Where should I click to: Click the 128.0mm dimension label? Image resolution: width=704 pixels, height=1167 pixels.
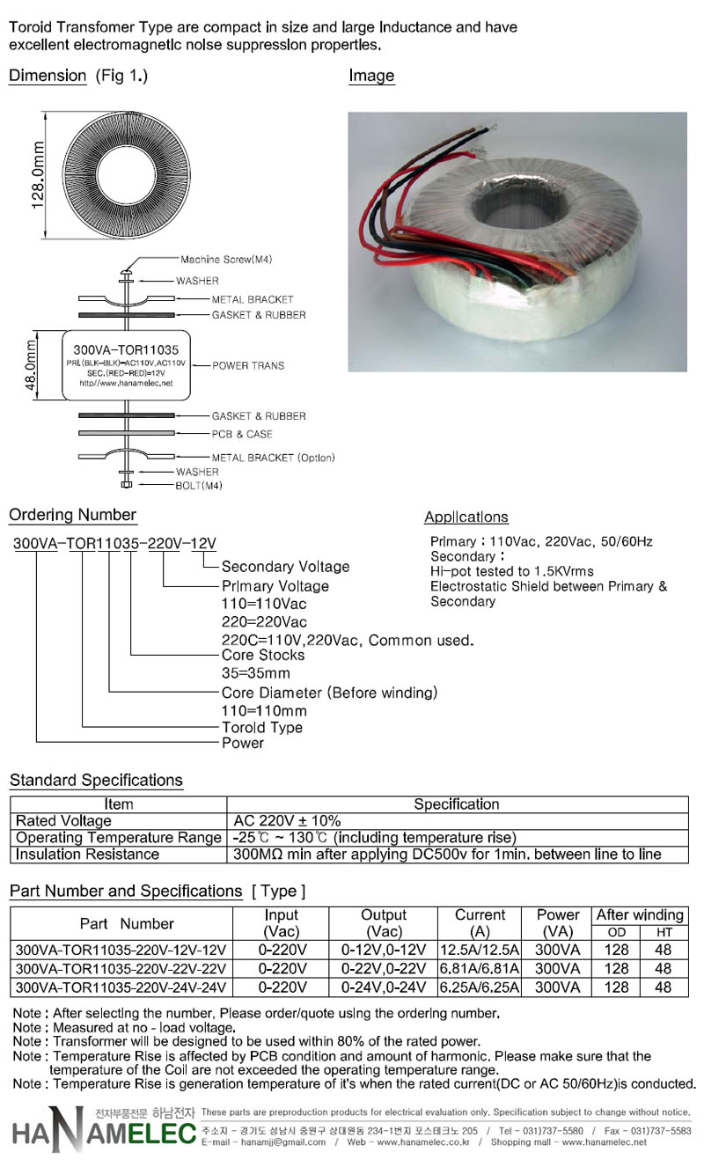(38, 175)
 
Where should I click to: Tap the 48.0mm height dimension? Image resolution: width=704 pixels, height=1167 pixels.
(32, 364)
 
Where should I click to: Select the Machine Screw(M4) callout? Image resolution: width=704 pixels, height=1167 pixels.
(226, 260)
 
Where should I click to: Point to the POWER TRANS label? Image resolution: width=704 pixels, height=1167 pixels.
(248, 366)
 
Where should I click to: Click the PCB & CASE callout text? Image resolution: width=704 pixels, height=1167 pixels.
(242, 434)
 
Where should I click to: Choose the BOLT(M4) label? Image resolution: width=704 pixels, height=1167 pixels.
(199, 486)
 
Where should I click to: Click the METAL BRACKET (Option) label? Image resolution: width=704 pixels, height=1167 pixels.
(273, 458)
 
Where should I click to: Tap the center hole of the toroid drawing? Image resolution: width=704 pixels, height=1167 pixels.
(127, 175)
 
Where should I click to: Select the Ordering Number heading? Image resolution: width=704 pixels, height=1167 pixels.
(72, 515)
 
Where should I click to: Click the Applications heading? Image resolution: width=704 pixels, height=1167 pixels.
(466, 517)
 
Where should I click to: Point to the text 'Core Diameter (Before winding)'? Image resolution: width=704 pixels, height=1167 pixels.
(329, 693)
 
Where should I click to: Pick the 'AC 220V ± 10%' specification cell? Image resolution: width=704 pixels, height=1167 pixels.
(287, 820)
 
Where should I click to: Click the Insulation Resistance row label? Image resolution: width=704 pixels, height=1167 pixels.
(87, 854)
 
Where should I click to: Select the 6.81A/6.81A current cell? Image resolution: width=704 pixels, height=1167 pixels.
(480, 968)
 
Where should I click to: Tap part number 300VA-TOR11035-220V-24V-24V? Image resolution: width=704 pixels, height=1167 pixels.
(121, 987)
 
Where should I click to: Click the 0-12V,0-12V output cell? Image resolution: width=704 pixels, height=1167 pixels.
(384, 950)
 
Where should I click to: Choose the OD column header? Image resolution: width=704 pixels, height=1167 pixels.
(617, 932)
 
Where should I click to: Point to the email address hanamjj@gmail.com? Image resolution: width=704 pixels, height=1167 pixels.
(283, 1142)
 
